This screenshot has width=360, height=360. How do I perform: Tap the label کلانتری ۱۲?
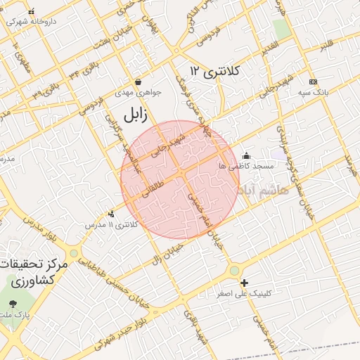215,72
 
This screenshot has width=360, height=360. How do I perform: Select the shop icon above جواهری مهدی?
138,82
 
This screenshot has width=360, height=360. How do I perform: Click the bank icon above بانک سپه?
313,82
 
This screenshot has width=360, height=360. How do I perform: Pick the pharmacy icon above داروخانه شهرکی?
31,12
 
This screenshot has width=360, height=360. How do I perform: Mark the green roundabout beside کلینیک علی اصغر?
234,271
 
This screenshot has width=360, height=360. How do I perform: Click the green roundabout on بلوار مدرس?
74,253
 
